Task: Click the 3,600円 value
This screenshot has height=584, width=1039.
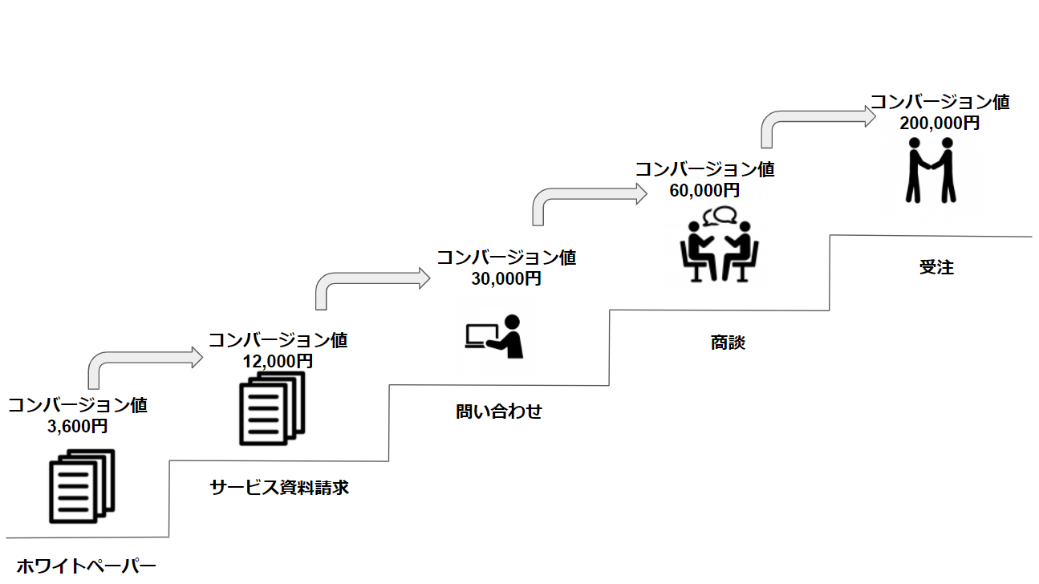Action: (78, 426)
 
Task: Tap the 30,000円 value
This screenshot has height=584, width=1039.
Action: (505, 278)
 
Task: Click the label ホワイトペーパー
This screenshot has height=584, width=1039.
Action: (87, 566)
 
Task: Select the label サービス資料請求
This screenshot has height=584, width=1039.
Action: (279, 487)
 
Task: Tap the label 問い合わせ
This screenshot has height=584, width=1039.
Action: (499, 412)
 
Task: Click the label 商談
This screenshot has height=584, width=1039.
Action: (728, 343)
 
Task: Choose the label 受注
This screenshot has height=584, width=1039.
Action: (936, 268)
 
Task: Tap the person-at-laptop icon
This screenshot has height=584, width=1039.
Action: (494, 336)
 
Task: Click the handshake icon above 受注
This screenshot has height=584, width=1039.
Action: (931, 170)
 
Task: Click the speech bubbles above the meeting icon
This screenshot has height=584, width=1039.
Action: (720, 215)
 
